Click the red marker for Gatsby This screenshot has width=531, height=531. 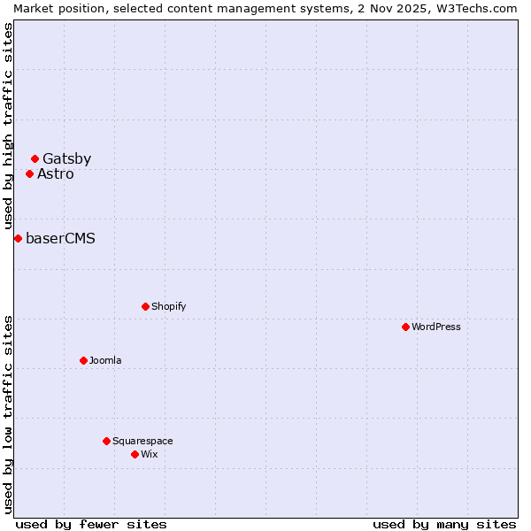35,159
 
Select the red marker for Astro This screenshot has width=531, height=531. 29,173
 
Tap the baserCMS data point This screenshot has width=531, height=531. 18,238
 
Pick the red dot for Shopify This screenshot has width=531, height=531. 145,306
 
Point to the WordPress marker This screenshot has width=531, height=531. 405,327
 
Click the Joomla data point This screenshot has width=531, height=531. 83,360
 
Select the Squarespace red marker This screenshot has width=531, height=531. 106,441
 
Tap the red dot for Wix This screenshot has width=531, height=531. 135,454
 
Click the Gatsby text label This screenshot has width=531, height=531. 66,159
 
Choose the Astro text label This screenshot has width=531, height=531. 56,173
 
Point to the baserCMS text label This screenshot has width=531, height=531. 60,238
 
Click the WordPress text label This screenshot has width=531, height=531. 436,327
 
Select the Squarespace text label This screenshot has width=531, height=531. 142,441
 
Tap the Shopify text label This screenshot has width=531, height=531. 168,306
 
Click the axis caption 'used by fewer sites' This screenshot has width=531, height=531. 91,524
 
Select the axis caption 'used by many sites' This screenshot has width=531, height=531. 444,524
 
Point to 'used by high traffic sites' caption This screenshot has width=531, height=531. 8,127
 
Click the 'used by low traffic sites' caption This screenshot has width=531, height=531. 8,413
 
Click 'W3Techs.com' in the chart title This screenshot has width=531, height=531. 479,8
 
